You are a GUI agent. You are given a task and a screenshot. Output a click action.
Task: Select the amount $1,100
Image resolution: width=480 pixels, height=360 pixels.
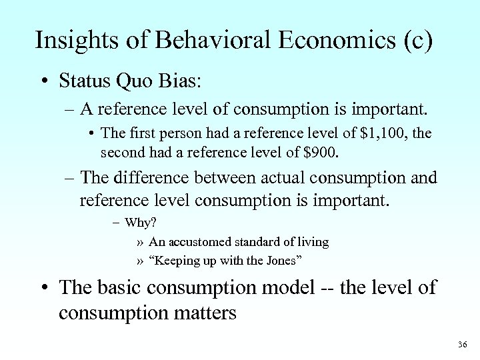pyautogui.click(x=383, y=134)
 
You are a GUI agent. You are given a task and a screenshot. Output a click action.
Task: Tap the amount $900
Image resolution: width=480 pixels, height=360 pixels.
pyautogui.click(x=321, y=152)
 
